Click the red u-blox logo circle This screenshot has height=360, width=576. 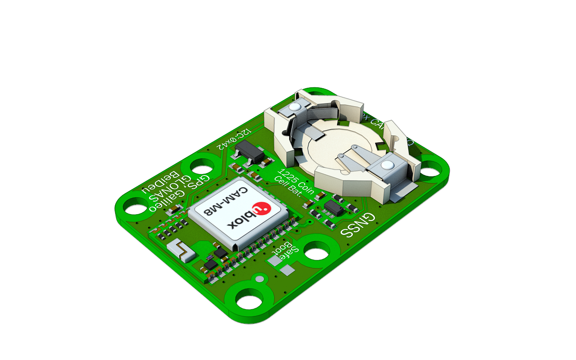(261, 208)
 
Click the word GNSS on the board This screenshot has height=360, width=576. (358, 225)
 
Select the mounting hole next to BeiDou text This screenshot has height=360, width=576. (135, 209)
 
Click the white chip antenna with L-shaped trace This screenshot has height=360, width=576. (181, 250)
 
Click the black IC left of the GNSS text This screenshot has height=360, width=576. (333, 208)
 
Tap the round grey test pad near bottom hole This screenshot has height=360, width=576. (260, 279)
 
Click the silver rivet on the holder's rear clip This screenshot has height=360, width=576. (294, 107)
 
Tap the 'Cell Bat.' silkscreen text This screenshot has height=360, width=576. (288, 186)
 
